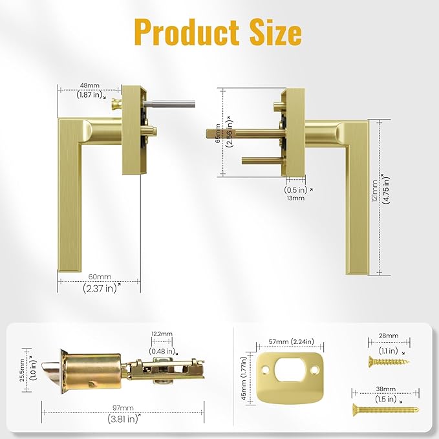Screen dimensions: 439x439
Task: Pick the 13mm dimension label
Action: click(295, 198)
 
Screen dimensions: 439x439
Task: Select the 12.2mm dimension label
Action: click(162, 334)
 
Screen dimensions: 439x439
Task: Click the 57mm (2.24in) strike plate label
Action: click(285, 342)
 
